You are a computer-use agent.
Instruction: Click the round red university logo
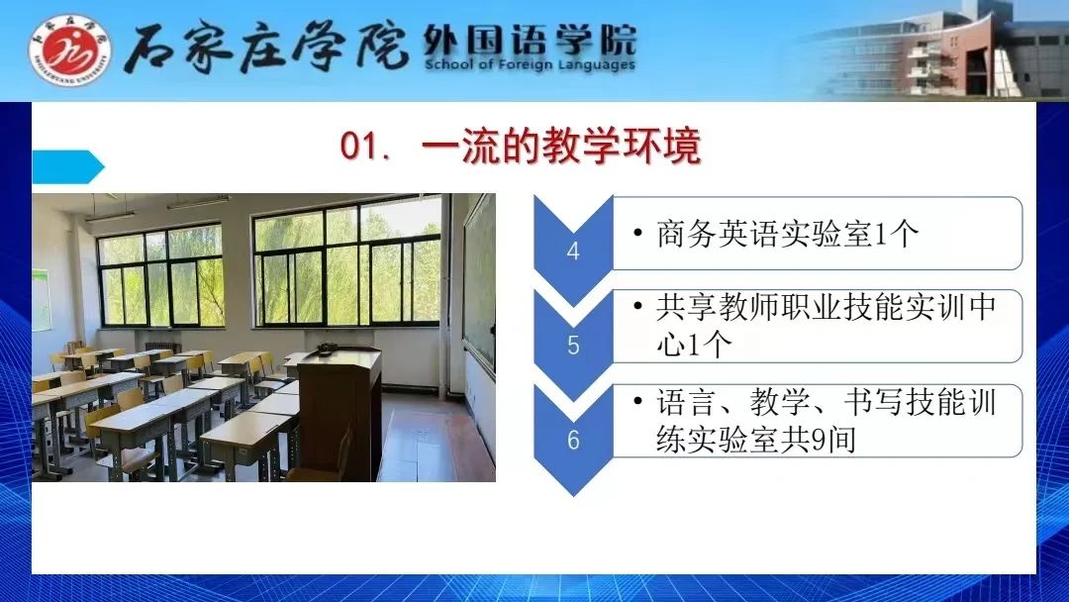point(69,50)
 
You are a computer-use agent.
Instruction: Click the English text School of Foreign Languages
point(530,64)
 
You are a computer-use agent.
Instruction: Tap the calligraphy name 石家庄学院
point(266,47)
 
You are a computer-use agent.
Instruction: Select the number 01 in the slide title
point(358,146)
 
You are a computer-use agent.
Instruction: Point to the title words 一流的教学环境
point(561,146)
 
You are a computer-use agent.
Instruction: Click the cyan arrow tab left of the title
point(67,167)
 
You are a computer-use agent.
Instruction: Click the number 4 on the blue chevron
point(573,251)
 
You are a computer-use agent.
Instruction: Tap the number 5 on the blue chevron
point(573,345)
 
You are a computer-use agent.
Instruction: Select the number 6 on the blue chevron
point(573,440)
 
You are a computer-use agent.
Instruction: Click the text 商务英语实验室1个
point(788,234)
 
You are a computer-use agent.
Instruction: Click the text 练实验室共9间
point(756,439)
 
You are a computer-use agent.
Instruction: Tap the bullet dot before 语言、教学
point(638,402)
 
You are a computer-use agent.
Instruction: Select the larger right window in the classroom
point(347,261)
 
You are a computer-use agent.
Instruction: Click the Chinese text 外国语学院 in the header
point(530,41)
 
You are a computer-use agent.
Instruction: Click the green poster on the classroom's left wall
point(41,300)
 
